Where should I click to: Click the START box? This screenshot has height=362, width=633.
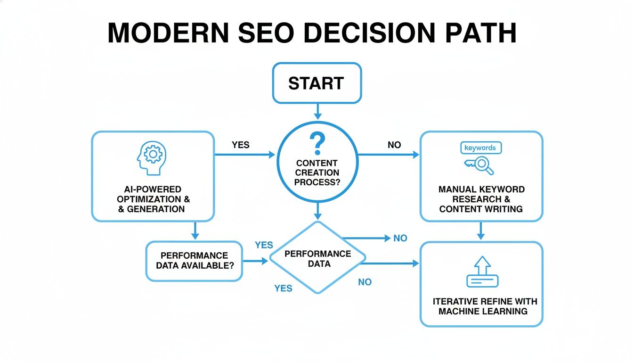pos(316,83)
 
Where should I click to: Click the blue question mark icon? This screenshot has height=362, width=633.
pos(317,142)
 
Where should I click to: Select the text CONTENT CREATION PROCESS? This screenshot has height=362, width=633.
pos(317,172)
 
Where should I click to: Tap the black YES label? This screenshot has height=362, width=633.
pos(241,145)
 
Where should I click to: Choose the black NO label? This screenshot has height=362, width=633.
pos(394,145)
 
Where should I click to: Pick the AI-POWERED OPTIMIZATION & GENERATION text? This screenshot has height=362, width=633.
pos(152,199)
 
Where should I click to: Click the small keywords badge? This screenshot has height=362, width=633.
pos(480,148)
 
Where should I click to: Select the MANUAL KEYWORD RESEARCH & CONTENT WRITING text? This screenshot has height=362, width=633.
pos(481,199)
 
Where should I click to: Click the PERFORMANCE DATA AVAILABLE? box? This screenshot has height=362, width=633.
pos(194,261)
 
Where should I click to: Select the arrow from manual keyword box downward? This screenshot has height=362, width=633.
pos(481,231)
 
